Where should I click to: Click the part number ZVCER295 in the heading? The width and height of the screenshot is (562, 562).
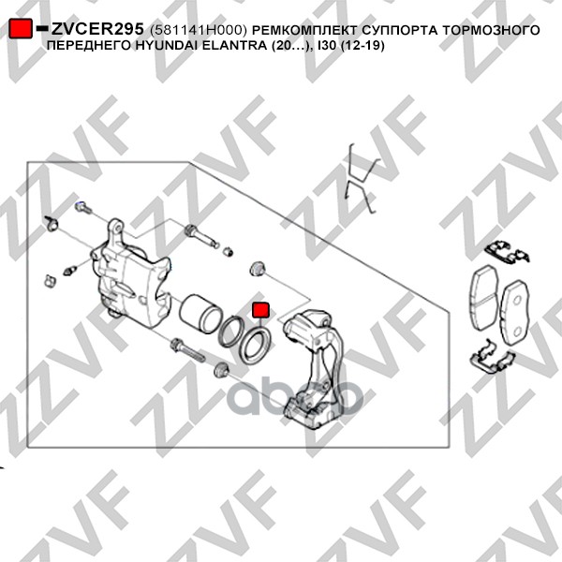coord(97,29)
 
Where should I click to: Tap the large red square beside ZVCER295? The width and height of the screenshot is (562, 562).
coord(20,28)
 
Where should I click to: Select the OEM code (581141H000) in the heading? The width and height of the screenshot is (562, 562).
coord(199,31)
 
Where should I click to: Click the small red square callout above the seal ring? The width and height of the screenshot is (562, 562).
coord(260,310)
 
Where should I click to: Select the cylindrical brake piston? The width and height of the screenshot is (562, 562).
coord(200,313)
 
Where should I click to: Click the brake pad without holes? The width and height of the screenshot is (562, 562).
coord(483,298)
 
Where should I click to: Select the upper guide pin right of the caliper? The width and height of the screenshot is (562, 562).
coord(201,236)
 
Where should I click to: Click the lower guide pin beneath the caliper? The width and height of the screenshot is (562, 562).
coord(187,350)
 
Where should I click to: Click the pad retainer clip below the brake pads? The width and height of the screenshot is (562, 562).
coord(492,359)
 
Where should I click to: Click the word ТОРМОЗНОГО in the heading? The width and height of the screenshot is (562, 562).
coord(490,30)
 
